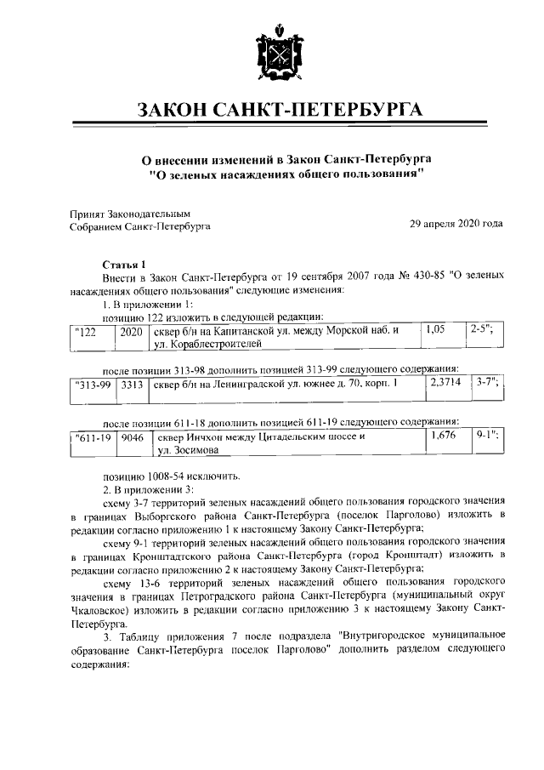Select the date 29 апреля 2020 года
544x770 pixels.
pyautogui.click(x=456, y=225)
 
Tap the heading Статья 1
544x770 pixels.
pyautogui.click(x=124, y=265)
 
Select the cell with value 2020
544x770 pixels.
pyautogui.click(x=132, y=331)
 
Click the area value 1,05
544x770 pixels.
pyautogui.click(x=436, y=328)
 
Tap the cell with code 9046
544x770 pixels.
pyautogui.click(x=132, y=438)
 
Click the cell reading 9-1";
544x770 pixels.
pyautogui.click(x=487, y=436)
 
